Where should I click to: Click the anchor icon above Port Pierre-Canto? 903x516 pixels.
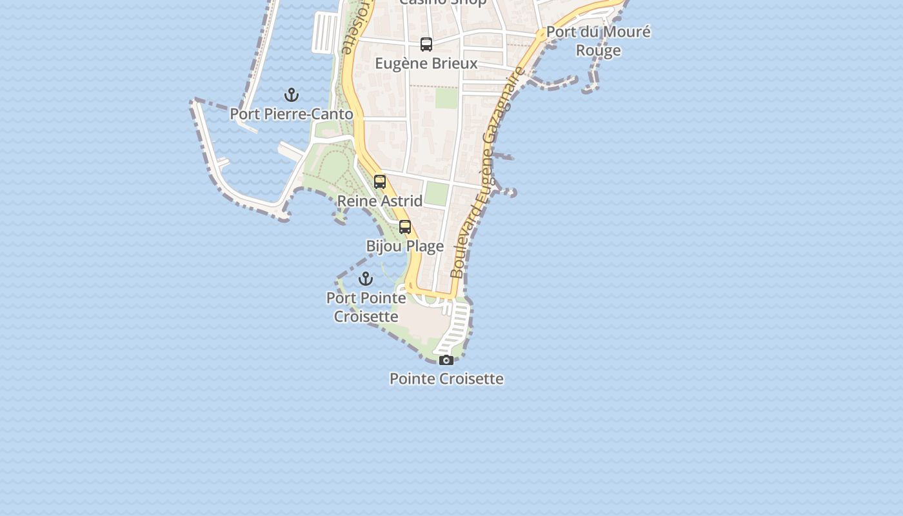tap(292, 95)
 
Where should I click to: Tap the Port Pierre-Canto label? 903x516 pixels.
tap(292, 114)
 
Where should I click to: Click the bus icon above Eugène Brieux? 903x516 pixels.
tap(426, 45)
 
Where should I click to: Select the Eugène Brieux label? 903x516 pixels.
tap(426, 63)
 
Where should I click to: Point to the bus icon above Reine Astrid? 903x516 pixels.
tap(380, 182)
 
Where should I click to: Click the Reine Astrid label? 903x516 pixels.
tap(380, 201)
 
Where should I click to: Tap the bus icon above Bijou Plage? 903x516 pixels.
tap(405, 227)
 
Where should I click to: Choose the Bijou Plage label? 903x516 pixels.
tap(405, 246)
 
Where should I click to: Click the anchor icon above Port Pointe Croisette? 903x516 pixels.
tap(366, 279)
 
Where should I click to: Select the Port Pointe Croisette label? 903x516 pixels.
tap(366, 307)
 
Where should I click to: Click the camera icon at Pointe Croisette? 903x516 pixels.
tap(446, 360)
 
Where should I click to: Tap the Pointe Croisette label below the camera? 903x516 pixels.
tap(446, 379)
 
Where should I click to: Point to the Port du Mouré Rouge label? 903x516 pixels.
tap(598, 41)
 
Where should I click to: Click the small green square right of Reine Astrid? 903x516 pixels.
tap(437, 194)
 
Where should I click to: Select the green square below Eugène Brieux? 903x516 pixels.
tap(446, 98)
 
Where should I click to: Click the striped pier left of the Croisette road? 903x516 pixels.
tap(325, 32)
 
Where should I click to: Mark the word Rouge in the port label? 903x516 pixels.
tap(598, 50)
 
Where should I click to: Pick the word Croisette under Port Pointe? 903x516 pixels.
tap(366, 317)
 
